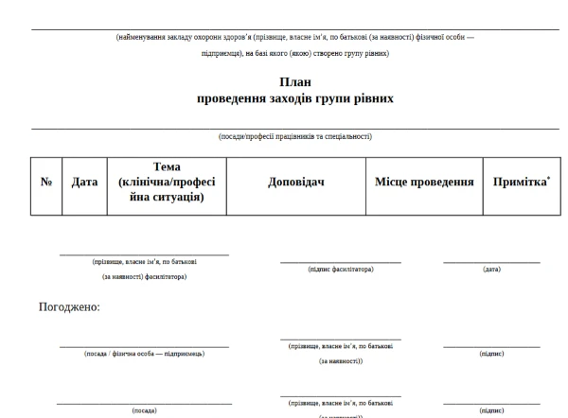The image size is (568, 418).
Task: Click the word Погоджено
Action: point(69,306)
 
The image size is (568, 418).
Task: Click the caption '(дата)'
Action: point(491,270)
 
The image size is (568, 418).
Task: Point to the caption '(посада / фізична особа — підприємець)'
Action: point(144,354)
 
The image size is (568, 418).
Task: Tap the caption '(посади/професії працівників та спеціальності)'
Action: point(294,136)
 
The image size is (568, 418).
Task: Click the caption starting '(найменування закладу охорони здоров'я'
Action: point(294,37)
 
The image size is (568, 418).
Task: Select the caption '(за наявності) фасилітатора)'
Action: point(144,277)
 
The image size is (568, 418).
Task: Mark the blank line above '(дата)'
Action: point(491,262)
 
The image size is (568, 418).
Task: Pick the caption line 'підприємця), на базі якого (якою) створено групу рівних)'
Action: point(294,53)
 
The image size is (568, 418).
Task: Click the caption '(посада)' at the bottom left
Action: point(144,410)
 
